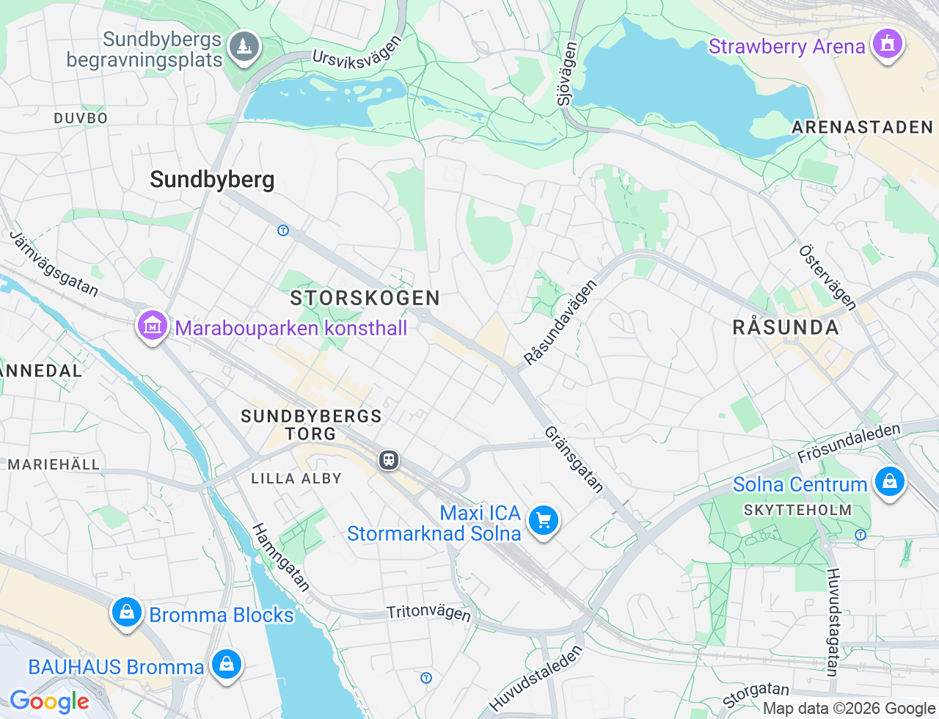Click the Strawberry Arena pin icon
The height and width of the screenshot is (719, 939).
click(887, 44)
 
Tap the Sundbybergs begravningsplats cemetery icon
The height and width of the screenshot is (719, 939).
click(244, 47)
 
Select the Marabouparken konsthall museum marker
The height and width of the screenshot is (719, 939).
click(153, 325)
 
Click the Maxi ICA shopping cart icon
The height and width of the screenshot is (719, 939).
click(544, 521)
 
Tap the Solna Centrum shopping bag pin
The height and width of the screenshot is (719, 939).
click(889, 482)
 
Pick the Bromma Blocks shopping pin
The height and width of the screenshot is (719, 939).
click(127, 612)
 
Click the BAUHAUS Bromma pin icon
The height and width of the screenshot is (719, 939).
click(226, 664)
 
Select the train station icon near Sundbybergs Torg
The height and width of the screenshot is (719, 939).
click(389, 460)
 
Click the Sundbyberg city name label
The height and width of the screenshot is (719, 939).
click(212, 180)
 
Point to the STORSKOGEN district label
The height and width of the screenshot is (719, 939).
click(365, 298)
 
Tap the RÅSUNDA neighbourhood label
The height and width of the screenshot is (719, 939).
click(786, 327)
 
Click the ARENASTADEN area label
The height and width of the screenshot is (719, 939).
click(862, 128)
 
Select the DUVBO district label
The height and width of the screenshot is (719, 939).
click(81, 118)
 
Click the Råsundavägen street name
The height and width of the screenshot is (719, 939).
click(560, 322)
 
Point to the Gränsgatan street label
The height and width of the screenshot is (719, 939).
click(574, 459)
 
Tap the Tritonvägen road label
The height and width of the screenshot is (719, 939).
click(428, 613)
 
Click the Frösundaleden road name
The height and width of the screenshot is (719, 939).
click(849, 442)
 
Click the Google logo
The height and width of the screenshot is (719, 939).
click(49, 701)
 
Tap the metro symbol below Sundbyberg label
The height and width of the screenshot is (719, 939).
click(283, 230)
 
